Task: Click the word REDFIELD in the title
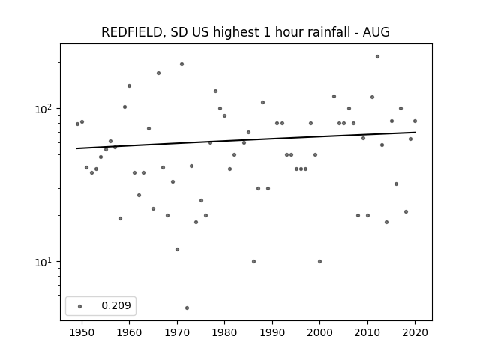tap(132, 32)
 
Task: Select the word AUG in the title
tap(376, 32)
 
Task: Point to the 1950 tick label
tap(82, 332)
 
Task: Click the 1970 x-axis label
tap(177, 332)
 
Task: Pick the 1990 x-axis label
tap(272, 332)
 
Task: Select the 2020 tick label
tap(415, 332)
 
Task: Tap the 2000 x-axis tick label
tap(320, 332)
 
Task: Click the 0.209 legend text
tap(116, 305)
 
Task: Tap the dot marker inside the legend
tap(80, 306)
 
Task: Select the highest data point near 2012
tap(377, 57)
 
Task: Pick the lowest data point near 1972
tap(187, 307)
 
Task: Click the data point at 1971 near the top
tap(181, 64)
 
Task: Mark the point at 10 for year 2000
tap(320, 261)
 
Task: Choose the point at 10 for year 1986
tap(253, 261)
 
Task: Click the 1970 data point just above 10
tap(177, 249)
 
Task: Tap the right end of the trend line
tap(415, 132)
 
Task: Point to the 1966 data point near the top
tap(158, 73)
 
